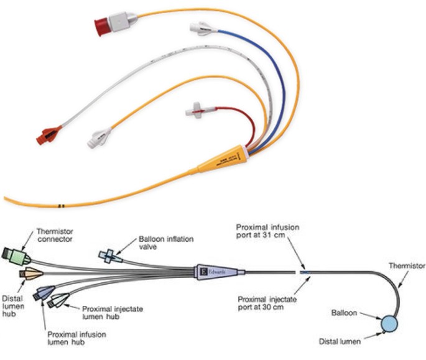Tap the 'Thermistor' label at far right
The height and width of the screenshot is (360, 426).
coord(408,265)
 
